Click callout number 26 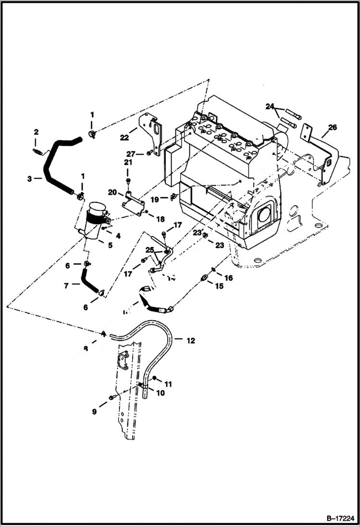[x=333, y=127]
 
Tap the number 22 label [x=124, y=137]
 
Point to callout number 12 [x=191, y=341]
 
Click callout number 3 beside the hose [x=30, y=179]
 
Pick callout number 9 [x=94, y=412]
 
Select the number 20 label [x=112, y=192]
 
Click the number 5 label [x=110, y=245]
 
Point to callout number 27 [x=131, y=154]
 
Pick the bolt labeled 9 [x=112, y=397]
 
